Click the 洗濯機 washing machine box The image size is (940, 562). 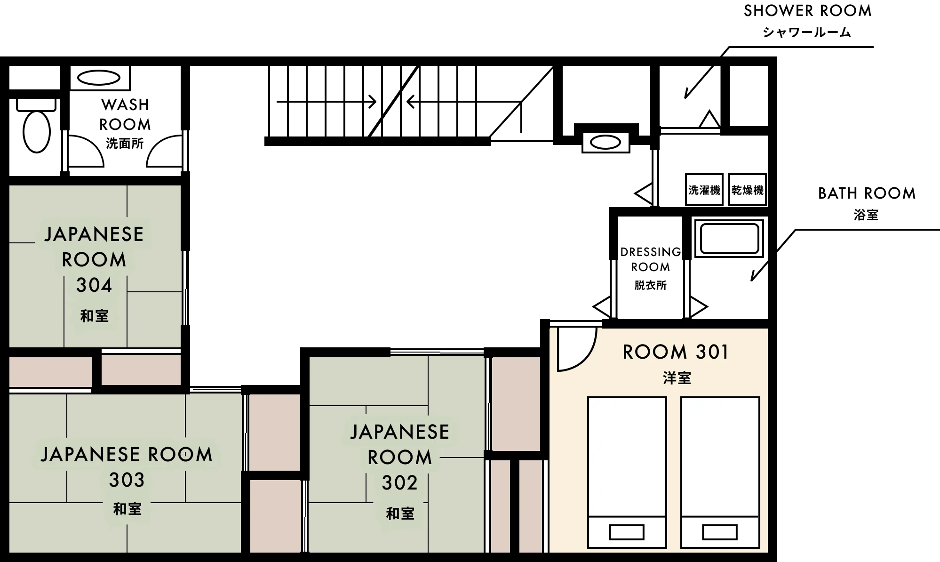click(x=704, y=190)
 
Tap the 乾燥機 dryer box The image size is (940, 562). click(x=747, y=190)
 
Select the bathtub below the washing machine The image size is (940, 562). click(x=729, y=239)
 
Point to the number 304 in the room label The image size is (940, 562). click(x=94, y=285)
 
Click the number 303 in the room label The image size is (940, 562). click(x=127, y=480)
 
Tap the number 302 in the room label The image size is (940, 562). click(x=399, y=483)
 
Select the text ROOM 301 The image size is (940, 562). click(x=676, y=352)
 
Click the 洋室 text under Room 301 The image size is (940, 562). click(x=677, y=378)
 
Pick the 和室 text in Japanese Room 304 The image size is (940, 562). click(x=94, y=316)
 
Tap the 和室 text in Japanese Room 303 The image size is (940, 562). click(x=127, y=509)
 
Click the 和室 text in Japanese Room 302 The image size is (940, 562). click(x=400, y=514)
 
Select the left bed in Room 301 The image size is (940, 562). click(x=627, y=457)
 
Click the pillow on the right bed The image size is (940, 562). click(x=719, y=532)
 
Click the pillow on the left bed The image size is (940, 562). click(x=626, y=532)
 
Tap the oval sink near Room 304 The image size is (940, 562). click(x=99, y=78)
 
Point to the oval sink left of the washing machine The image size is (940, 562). click(x=605, y=142)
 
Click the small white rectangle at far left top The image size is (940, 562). click(x=36, y=104)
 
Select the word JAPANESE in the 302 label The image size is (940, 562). click(x=399, y=432)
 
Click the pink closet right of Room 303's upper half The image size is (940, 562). click(x=274, y=432)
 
